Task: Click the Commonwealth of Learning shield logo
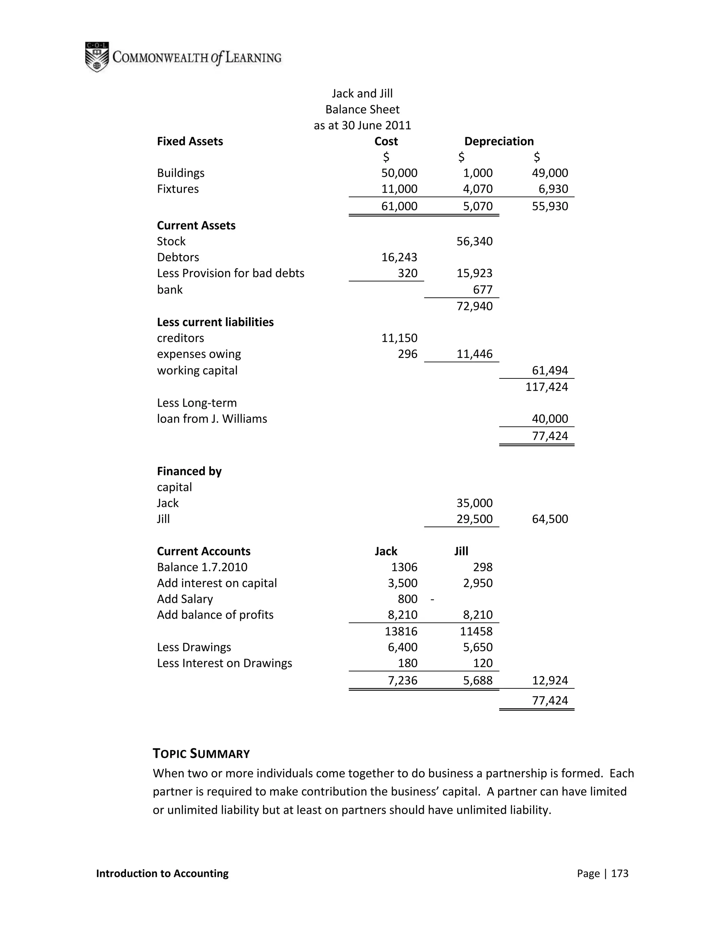(97, 57)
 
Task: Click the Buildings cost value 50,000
(399, 173)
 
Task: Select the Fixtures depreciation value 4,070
(478, 189)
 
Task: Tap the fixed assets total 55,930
(550, 206)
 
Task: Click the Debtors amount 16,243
(399, 257)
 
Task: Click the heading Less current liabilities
(215, 322)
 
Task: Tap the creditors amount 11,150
(399, 338)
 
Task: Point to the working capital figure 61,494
(550, 370)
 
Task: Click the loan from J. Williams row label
(212, 419)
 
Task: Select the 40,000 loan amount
(550, 419)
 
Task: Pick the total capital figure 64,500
(550, 519)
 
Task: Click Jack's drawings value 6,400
(403, 647)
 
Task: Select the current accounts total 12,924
(550, 680)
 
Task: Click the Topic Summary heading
(201, 754)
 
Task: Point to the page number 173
(620, 873)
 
